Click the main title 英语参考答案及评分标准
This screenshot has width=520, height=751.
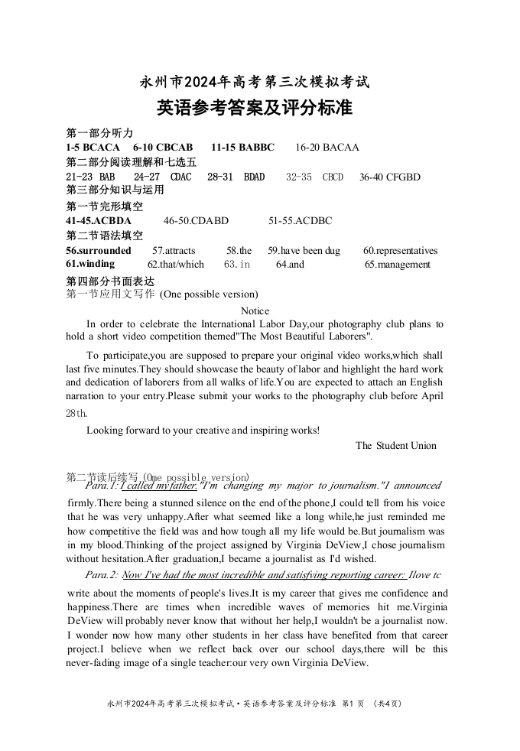point(255,108)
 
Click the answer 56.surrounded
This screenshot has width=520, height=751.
point(99,250)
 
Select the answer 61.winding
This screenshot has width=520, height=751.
point(90,264)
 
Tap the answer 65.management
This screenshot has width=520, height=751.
point(397,265)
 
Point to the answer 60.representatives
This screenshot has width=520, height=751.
point(400,250)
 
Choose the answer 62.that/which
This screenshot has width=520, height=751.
point(176,265)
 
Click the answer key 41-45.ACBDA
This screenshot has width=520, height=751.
point(99,221)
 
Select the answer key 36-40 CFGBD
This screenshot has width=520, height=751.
point(389,177)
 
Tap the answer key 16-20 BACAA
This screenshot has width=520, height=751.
point(327,147)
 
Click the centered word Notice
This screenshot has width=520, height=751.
point(255,310)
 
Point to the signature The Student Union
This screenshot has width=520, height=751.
point(396,445)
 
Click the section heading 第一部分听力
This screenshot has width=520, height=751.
point(99,132)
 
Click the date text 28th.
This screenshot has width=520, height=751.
point(76,413)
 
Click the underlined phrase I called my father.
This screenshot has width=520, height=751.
point(159,486)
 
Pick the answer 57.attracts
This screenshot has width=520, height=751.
point(174,250)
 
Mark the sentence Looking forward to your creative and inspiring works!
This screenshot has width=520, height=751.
point(203,430)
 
